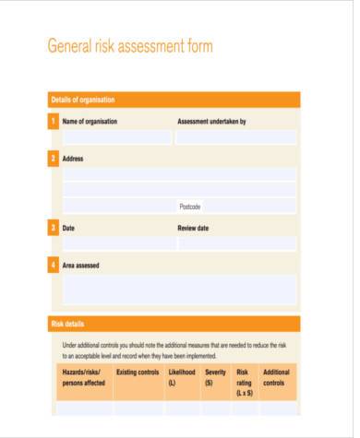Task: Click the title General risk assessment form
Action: (x=129, y=46)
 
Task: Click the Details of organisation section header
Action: (x=83, y=100)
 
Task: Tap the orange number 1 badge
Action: (x=54, y=122)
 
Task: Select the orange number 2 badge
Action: (x=54, y=159)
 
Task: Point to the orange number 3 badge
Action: (x=54, y=228)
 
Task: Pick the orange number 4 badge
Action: (x=54, y=266)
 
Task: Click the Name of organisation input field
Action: (x=116, y=137)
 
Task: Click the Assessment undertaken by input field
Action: (x=236, y=137)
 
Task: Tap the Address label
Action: (x=73, y=159)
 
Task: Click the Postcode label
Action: (x=189, y=207)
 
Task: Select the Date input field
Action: (x=116, y=243)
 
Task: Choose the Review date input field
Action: (x=236, y=243)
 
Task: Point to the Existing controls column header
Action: (x=138, y=373)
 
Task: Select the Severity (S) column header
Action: (x=215, y=377)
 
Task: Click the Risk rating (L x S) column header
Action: (x=245, y=383)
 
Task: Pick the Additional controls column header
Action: (x=277, y=377)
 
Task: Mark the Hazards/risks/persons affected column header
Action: (x=84, y=377)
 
